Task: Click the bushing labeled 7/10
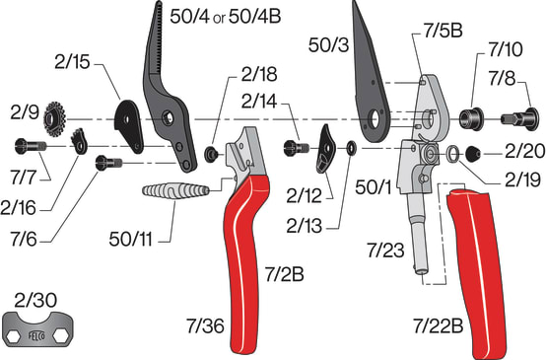[x=471, y=112]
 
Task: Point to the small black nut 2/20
[x=473, y=153]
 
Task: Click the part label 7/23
[x=386, y=252]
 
